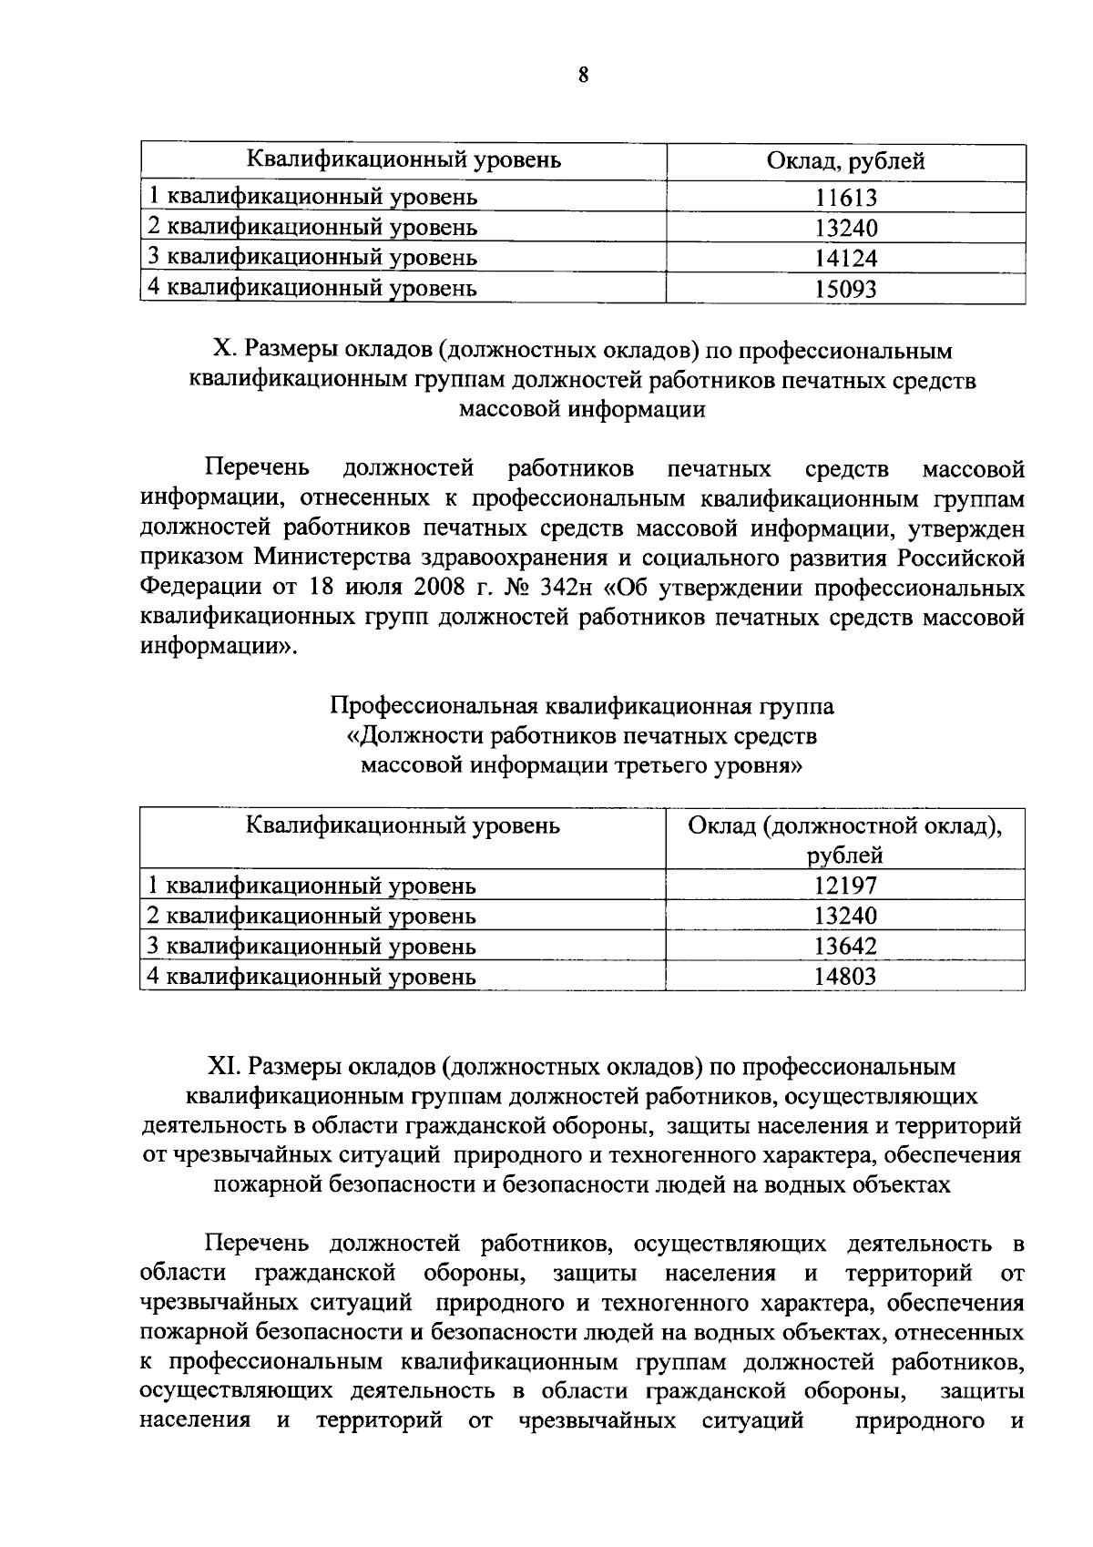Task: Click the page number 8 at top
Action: (x=583, y=76)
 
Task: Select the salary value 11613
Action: (x=845, y=197)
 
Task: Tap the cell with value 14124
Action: (x=845, y=258)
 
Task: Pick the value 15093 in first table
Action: (x=845, y=289)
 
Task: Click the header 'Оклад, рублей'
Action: (x=845, y=162)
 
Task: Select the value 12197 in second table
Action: (x=845, y=886)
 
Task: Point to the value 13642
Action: (x=845, y=947)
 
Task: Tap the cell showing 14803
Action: (x=845, y=978)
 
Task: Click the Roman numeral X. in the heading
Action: (x=222, y=351)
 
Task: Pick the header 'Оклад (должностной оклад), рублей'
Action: (x=845, y=840)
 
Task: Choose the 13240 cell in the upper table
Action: (x=845, y=228)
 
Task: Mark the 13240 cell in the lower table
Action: (x=845, y=917)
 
